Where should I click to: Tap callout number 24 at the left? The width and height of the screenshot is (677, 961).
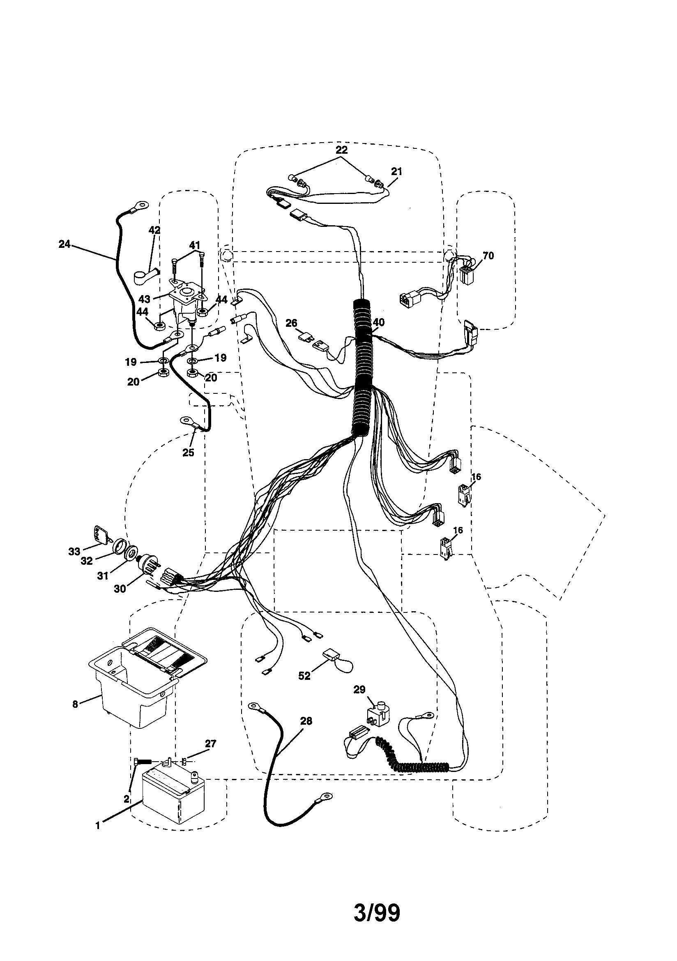(64, 245)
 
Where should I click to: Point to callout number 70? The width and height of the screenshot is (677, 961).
(488, 256)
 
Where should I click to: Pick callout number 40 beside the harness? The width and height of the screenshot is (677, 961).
(378, 322)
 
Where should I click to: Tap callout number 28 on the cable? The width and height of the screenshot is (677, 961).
(306, 721)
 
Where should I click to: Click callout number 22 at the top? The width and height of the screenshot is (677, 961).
(341, 150)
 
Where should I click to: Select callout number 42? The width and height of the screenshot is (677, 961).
(154, 230)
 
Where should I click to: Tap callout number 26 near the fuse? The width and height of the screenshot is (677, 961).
(291, 323)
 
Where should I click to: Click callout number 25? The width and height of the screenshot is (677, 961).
(188, 453)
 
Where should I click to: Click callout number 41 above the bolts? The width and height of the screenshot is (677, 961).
(195, 245)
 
